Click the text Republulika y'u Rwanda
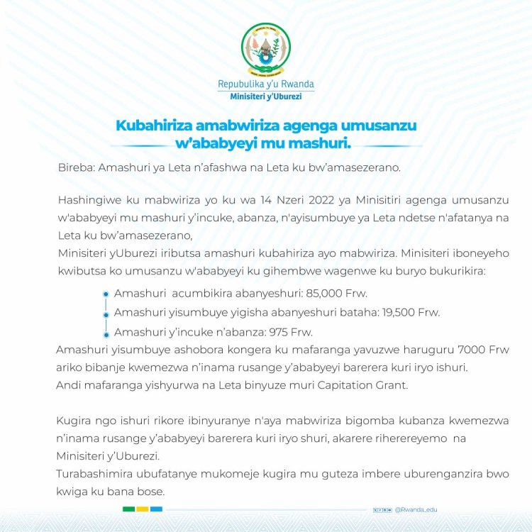(266, 84)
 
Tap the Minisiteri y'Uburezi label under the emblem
(266, 96)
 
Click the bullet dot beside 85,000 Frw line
(106, 294)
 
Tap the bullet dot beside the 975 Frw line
(106, 332)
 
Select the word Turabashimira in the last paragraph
(95, 473)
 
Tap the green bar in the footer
(129, 509)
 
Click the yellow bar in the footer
(143, 509)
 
